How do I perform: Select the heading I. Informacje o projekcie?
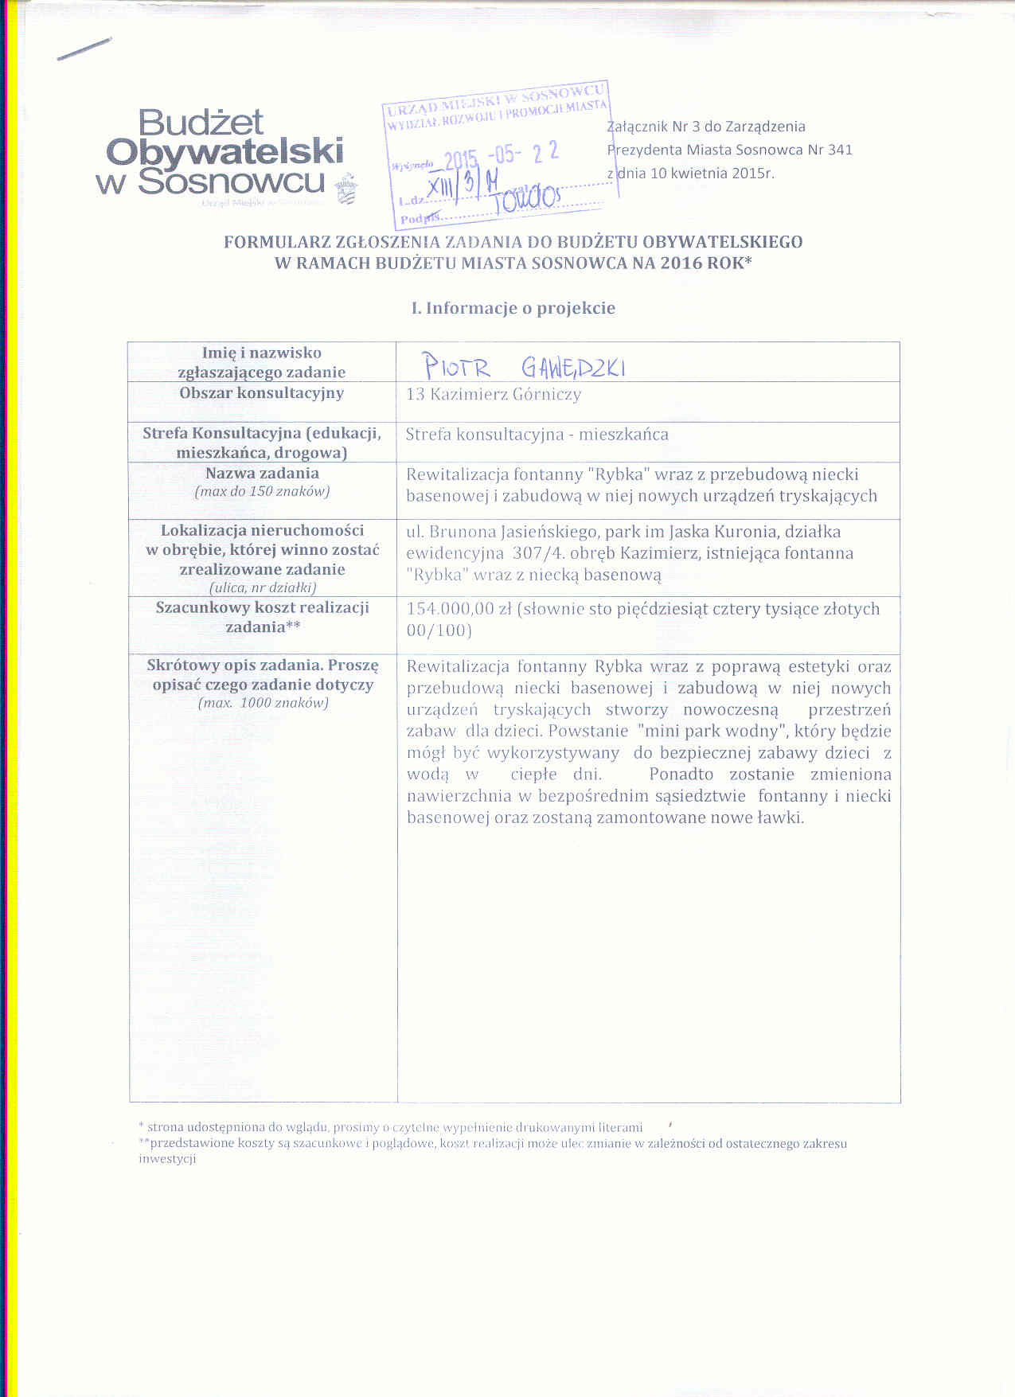tap(513, 308)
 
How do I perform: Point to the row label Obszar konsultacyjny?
tap(261, 393)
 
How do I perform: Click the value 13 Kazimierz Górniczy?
tap(494, 394)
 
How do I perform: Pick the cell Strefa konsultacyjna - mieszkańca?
tap(537, 435)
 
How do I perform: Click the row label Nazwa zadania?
tap(262, 473)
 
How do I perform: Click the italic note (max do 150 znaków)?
tap(262, 491)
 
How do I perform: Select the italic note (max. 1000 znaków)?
tap(262, 703)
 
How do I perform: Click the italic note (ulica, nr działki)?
tap(262, 587)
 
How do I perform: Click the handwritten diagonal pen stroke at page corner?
tap(84, 49)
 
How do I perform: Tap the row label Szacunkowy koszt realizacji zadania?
tap(262, 617)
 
